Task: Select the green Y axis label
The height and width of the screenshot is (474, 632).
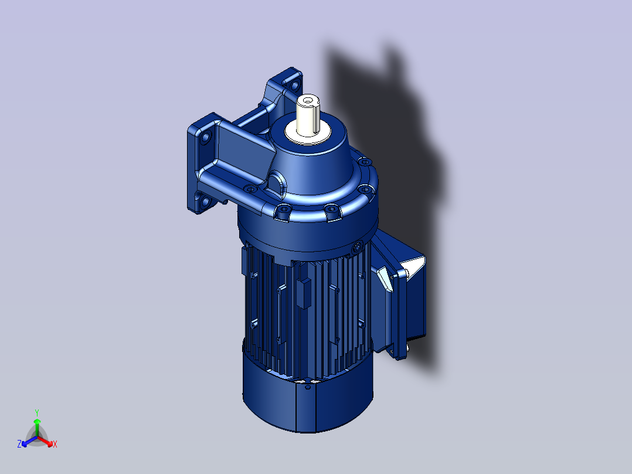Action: [36, 412]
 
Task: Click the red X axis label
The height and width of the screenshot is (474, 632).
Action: [55, 445]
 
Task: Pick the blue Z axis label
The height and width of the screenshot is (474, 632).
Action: [19, 445]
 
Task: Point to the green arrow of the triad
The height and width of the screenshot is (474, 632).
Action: [36, 424]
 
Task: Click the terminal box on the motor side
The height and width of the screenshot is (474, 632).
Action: [405, 305]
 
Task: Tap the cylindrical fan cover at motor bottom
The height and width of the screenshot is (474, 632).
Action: [305, 405]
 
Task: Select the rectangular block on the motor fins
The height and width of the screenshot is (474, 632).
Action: [303, 293]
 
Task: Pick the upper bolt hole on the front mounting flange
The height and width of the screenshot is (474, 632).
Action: [206, 140]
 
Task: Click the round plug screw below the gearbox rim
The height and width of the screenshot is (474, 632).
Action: [357, 249]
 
